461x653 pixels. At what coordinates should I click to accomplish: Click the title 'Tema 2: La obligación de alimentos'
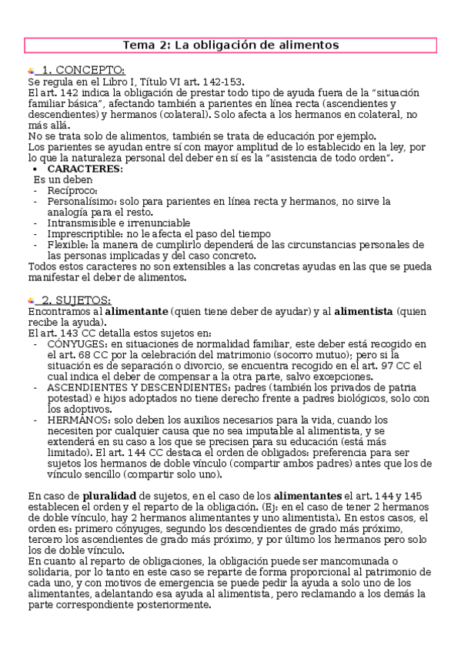point(231,45)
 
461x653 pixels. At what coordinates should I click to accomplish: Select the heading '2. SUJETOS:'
point(75,300)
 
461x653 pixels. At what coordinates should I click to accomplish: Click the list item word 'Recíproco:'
point(72,189)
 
